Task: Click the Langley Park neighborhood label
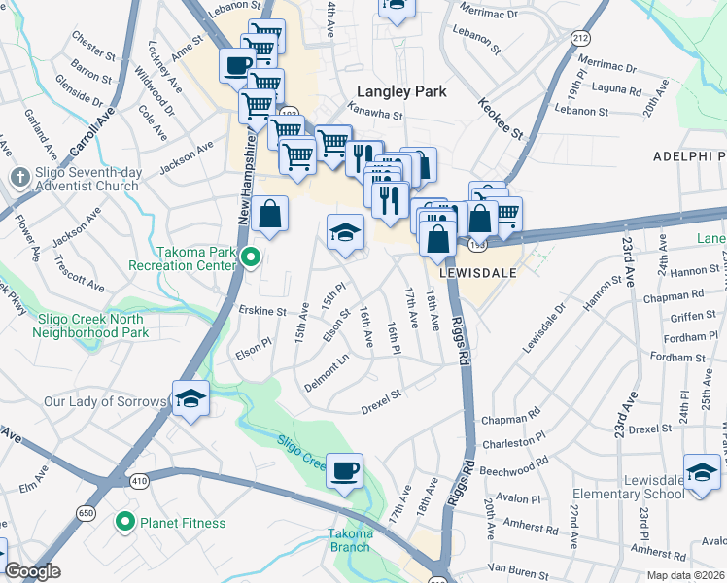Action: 400,91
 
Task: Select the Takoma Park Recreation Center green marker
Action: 251,257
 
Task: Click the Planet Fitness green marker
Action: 124,524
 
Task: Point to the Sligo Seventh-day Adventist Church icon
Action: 19,177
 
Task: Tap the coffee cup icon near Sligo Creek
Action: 344,471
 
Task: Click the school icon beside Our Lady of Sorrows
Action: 191,397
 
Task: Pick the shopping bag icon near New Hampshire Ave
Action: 269,215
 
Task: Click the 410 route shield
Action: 137,480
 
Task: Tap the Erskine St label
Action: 261,312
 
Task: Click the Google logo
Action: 33,571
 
